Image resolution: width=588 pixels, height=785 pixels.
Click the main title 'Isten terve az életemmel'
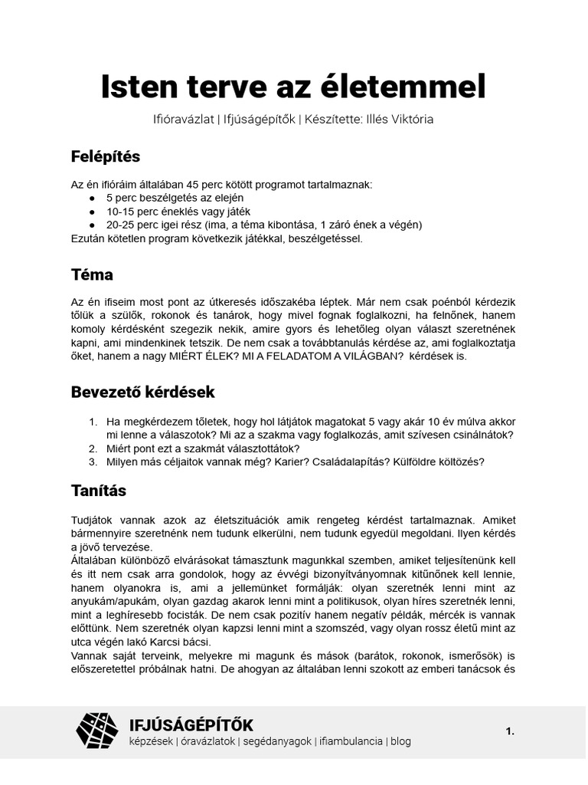[293, 87]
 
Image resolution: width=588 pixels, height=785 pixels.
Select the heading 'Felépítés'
[106, 156]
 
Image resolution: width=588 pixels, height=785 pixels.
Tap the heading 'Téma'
[92, 274]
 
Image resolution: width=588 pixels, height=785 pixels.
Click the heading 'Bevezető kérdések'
[143, 392]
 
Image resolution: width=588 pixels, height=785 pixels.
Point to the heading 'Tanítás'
[99, 490]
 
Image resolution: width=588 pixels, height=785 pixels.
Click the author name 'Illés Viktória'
[402, 120]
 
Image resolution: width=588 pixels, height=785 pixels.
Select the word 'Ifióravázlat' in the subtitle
[180, 120]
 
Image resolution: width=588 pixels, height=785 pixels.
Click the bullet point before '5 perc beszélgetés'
[93, 199]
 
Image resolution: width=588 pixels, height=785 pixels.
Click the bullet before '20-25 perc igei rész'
[93, 225]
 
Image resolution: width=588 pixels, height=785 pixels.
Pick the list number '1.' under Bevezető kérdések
[93, 422]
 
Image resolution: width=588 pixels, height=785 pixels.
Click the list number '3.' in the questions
[93, 461]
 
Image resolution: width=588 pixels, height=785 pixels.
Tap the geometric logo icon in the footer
[97, 731]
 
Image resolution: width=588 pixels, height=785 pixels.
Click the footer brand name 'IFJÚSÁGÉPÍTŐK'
[191, 724]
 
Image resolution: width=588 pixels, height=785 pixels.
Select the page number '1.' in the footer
[510, 732]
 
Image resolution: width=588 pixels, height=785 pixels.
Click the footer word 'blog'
[400, 741]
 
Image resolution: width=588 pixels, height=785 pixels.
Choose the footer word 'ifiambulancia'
[351, 741]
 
